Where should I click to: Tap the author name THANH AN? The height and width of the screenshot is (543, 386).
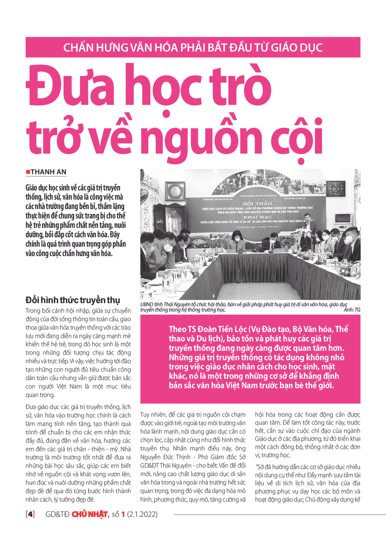click(48, 172)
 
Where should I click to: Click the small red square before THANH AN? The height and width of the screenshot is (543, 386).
click(28, 172)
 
